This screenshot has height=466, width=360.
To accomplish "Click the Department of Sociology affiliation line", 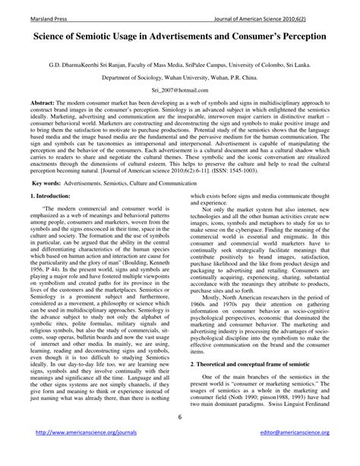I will [179, 78].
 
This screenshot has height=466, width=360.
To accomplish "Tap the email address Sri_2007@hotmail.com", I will [179, 90].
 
